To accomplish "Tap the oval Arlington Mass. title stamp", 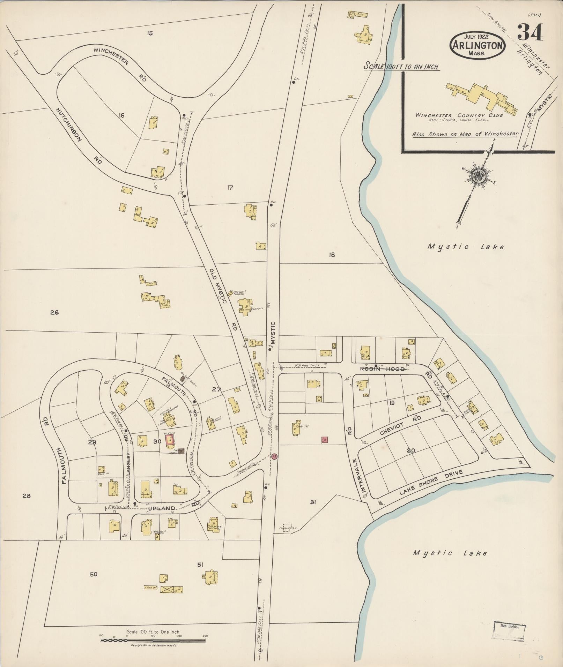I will pyautogui.click(x=478, y=44).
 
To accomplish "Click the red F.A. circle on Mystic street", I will pyautogui.click(x=274, y=456).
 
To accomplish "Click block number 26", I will pyautogui.click(x=54, y=312).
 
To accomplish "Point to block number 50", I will pyautogui.click(x=94, y=574).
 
